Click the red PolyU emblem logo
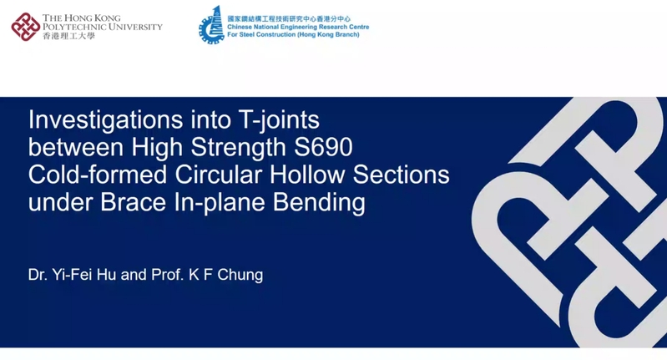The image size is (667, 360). coord(26,27)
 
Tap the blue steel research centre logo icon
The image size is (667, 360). coord(211,24)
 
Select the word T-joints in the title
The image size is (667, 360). coord(279,119)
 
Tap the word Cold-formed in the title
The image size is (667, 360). coord(98,175)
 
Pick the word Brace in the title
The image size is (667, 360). coord(133,202)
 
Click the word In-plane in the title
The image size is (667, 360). coord(219,203)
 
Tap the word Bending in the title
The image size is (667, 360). coord(319,203)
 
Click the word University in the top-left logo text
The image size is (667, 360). coord(135,27)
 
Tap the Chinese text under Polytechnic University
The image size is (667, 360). coord(68,36)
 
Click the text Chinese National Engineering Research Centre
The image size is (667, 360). coord(298,27)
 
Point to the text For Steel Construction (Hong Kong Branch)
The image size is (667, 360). coord(293,34)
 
